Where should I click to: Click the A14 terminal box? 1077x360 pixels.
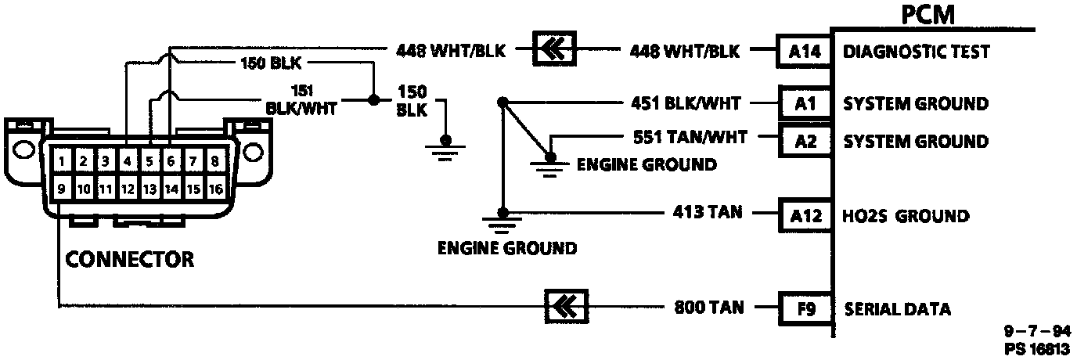805,52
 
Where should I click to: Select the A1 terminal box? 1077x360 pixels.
805,103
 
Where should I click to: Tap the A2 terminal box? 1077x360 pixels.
805,142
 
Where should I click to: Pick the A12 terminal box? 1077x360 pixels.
805,215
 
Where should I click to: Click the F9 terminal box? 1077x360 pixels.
805,308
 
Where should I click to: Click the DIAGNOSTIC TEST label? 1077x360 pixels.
917,52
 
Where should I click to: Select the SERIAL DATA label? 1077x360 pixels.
898,309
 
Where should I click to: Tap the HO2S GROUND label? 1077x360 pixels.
906,216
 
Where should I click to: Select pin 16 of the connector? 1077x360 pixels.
216,189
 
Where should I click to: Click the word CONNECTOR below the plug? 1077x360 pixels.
129,259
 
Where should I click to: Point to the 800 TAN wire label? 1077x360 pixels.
709,308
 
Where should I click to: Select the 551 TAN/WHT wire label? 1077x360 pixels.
690,137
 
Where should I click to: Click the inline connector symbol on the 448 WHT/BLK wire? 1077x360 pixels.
554,51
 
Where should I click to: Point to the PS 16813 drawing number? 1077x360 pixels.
1039,349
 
